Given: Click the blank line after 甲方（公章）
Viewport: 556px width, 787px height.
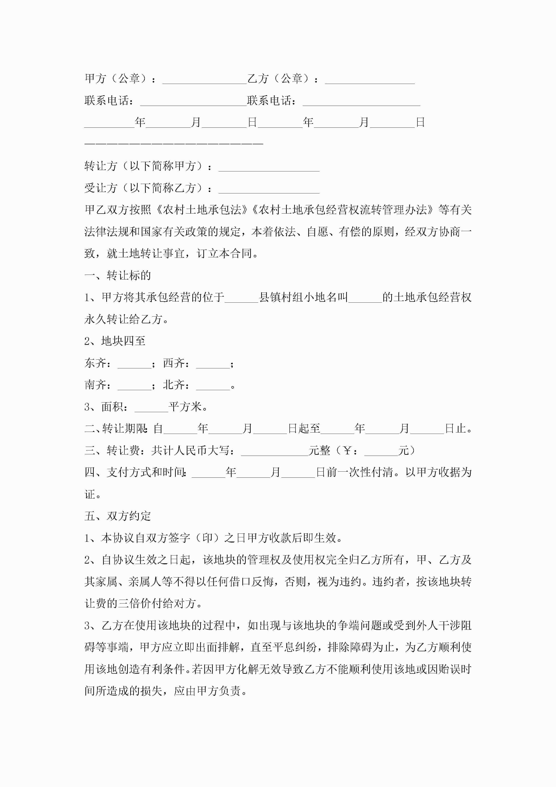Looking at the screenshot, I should (x=204, y=79).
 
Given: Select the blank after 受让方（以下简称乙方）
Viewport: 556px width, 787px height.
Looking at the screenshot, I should (x=269, y=189).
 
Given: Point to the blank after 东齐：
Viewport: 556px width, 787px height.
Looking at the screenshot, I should (x=134, y=364).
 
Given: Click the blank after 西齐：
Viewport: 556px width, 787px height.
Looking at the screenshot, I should (x=213, y=364).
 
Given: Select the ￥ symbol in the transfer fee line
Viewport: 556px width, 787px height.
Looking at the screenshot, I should (x=347, y=451).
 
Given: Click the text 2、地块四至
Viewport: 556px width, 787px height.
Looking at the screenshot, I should (x=115, y=341).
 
